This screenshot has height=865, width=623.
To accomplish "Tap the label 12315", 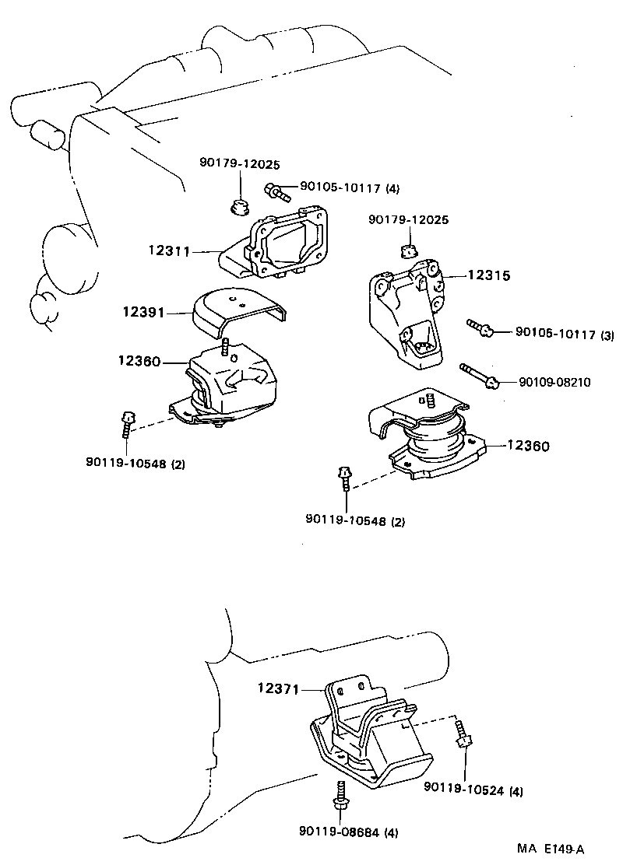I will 488,275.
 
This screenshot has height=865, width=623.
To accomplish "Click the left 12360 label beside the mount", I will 139,362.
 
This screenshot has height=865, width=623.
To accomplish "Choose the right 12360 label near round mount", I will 529,446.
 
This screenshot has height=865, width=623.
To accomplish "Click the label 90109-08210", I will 554,382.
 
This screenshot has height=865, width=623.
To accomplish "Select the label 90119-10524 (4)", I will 473,790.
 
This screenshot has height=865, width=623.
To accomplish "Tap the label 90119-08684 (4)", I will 348,832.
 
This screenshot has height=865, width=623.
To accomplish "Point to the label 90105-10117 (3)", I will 565,334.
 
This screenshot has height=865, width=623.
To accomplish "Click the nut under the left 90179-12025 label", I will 239,207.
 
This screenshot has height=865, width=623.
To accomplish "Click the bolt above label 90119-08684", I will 340,794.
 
